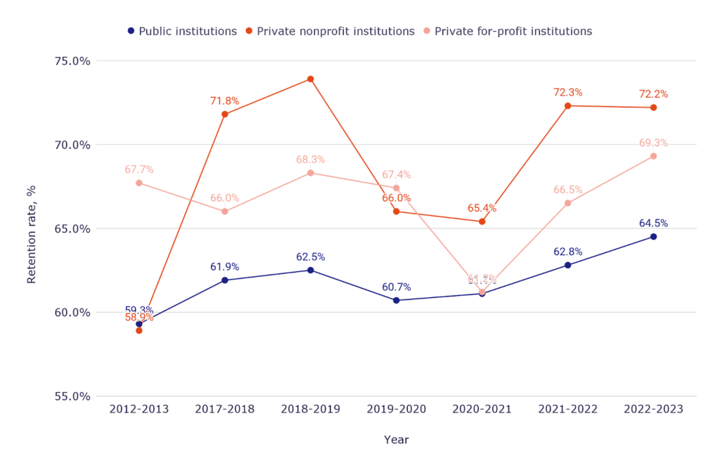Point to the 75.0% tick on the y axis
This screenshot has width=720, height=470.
[x=72, y=61]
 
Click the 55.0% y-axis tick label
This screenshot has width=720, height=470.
[x=72, y=396]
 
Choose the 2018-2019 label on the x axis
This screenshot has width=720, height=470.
[x=310, y=410]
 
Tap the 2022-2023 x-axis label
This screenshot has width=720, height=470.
[x=653, y=410]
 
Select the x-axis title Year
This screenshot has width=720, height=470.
[x=396, y=440]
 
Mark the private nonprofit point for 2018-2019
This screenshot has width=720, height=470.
[x=310, y=79]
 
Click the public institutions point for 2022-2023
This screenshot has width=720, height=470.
[x=653, y=237]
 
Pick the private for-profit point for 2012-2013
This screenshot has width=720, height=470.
[x=139, y=183]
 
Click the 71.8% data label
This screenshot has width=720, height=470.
[x=224, y=101]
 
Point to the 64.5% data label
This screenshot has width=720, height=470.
[x=653, y=223]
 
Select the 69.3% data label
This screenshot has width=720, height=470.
[x=653, y=143]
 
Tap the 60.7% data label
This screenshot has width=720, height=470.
[x=396, y=287]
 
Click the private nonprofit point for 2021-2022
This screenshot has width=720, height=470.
[x=567, y=106]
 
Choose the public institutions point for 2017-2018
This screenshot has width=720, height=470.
[x=224, y=280]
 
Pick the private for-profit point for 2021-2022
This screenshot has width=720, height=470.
[x=567, y=203]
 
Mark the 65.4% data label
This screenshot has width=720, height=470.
[x=482, y=209]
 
